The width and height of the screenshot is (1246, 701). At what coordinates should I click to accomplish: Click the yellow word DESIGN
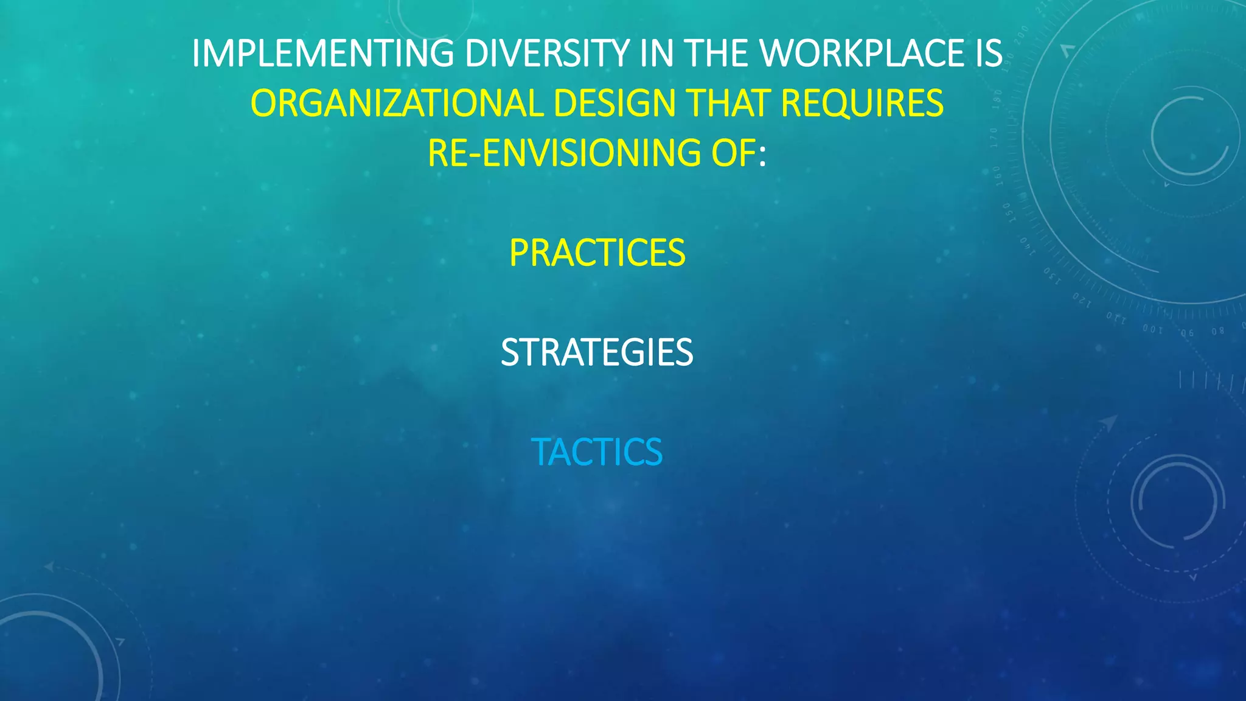click(x=614, y=103)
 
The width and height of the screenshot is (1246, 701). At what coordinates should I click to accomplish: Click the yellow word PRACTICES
click(x=597, y=253)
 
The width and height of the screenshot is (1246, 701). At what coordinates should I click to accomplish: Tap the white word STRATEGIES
click(x=597, y=353)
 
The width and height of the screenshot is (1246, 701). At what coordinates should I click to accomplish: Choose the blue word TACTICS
click(x=597, y=453)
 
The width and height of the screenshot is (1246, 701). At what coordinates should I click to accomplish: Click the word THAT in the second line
click(x=728, y=103)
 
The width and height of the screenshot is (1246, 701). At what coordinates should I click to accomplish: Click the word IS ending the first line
click(x=984, y=54)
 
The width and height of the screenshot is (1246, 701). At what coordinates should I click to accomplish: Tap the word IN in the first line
click(x=658, y=54)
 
